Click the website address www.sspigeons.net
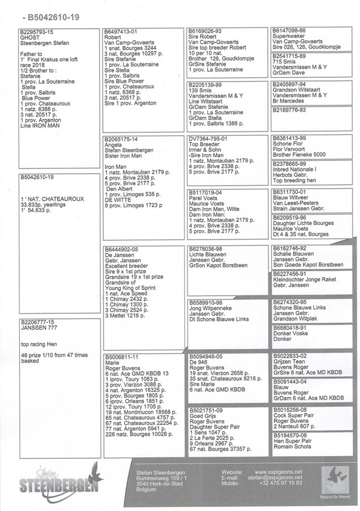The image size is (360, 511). point(278,471)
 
